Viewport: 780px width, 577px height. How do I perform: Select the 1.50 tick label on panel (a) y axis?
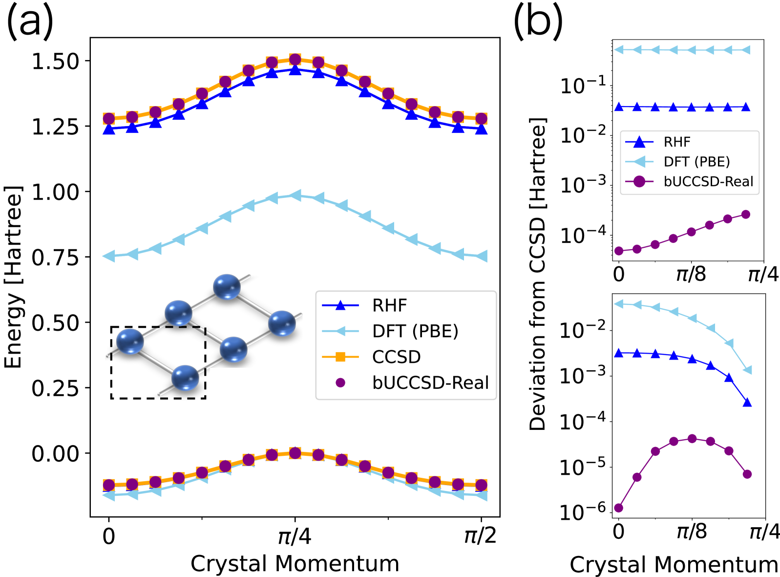coord(55,62)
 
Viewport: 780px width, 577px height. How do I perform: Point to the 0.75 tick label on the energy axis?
coord(55,257)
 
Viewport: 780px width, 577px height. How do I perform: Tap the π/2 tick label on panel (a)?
coord(480,536)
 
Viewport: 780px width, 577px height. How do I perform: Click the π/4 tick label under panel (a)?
coord(295,536)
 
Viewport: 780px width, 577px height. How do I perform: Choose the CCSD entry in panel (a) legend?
coord(396,357)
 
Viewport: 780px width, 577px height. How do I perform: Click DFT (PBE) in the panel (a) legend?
coord(415,331)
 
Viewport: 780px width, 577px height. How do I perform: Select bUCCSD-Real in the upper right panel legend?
coord(708,182)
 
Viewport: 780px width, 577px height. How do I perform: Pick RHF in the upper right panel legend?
coord(676,142)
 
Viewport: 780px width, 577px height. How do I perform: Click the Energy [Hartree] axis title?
coord(13,277)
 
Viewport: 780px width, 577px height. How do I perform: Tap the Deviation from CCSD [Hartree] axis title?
coord(537,274)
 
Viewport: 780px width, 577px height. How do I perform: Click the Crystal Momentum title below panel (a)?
coord(295,563)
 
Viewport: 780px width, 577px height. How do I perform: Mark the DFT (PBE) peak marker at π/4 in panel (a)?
coord(295,195)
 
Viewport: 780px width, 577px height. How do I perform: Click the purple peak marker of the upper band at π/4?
coord(295,60)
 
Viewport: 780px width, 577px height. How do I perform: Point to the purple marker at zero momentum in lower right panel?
coord(619,508)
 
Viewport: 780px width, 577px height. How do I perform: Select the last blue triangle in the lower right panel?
coord(747,403)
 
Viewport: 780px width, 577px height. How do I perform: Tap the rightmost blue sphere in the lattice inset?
coord(282,323)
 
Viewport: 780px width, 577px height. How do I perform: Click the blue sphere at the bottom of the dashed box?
coord(186,378)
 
